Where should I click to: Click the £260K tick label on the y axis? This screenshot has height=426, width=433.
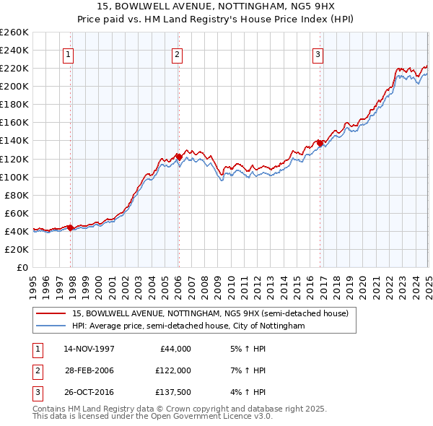[14, 32]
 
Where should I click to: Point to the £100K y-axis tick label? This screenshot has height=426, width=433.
[14, 177]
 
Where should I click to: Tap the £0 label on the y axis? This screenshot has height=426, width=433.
[22, 267]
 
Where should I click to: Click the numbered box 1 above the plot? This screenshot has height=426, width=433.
[68, 53]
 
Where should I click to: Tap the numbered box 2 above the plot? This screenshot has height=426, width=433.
[177, 53]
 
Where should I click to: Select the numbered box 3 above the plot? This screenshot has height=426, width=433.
[318, 53]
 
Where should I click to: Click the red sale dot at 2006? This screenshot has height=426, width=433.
[179, 156]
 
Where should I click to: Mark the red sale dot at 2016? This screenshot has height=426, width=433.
[320, 142]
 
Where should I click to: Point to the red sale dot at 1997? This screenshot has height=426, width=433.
[71, 227]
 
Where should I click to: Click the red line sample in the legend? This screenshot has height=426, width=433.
[51, 314]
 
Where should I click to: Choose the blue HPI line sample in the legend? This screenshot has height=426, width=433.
[51, 326]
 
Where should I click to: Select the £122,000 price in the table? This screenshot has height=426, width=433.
[173, 370]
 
